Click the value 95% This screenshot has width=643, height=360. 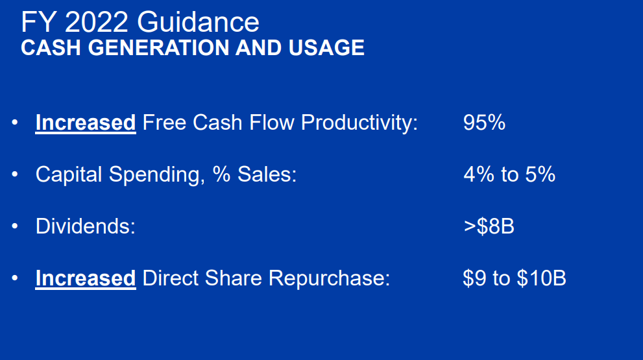click(x=484, y=123)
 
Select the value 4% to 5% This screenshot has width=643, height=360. click(x=509, y=174)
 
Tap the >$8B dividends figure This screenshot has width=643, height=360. click(x=489, y=226)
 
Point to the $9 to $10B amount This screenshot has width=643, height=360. click(x=514, y=278)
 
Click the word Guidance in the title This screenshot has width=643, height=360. click(x=198, y=23)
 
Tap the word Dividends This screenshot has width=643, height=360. click(x=85, y=226)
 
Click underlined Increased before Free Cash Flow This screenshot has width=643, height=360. click(x=85, y=123)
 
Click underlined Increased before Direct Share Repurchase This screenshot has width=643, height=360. click(x=85, y=278)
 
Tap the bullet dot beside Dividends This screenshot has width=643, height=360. click(x=14, y=226)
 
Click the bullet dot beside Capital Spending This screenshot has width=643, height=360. click(x=14, y=174)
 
